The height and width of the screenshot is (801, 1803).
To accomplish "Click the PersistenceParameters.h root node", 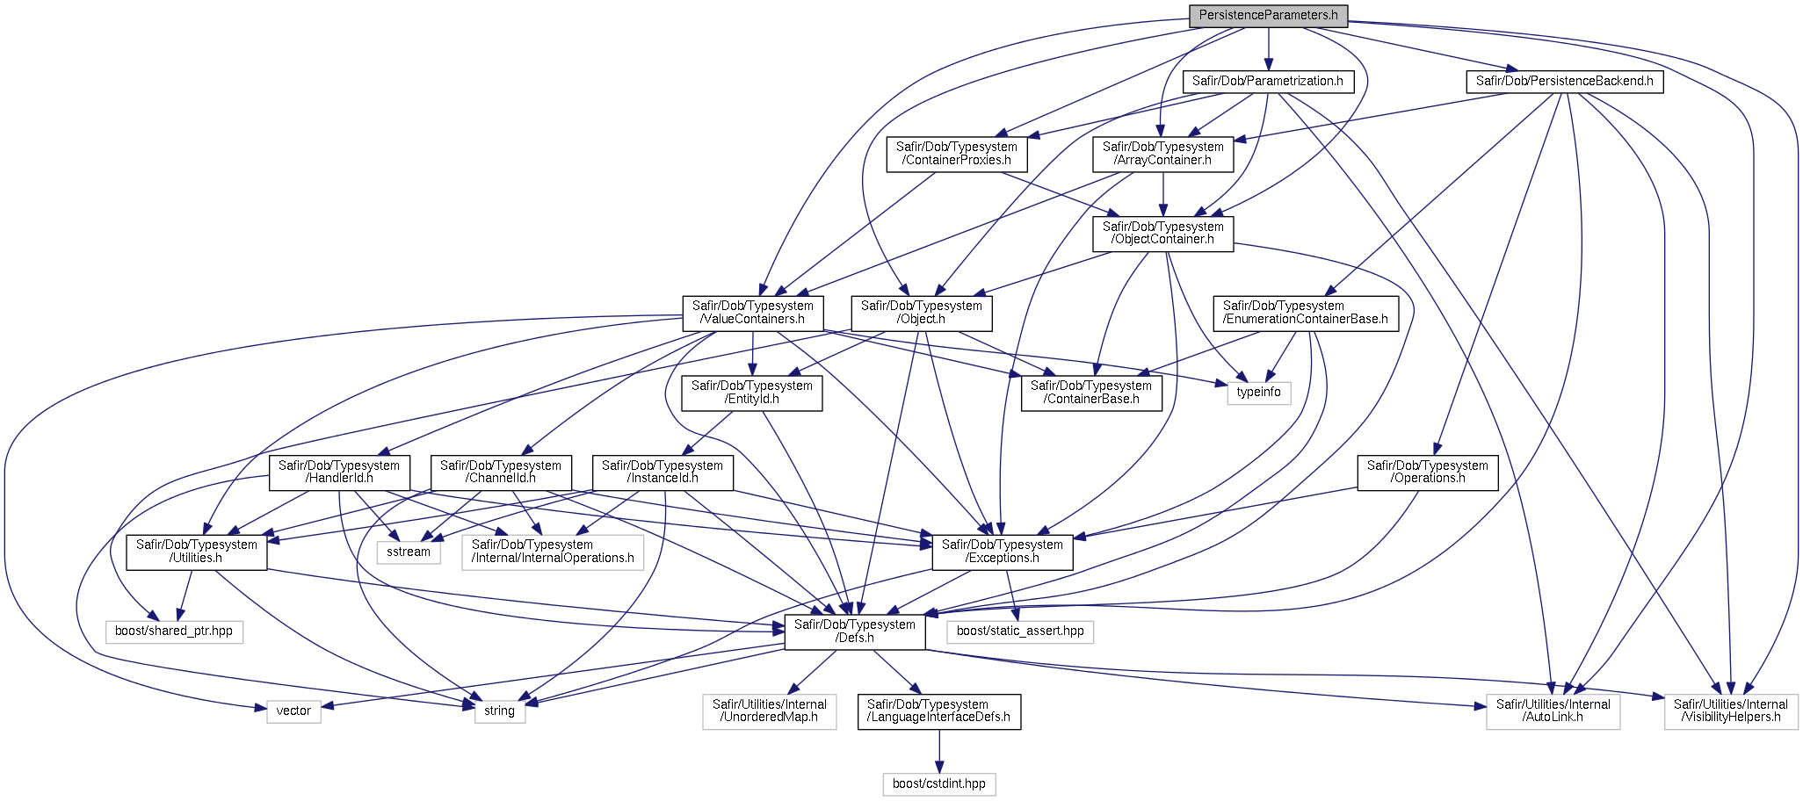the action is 1268,15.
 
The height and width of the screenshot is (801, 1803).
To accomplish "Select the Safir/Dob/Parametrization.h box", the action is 1268,82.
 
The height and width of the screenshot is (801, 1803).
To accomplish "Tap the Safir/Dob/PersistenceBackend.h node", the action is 1564,82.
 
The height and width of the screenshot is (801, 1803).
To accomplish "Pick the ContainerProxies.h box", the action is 957,154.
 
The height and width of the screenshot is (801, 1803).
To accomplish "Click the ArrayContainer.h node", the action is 1163,154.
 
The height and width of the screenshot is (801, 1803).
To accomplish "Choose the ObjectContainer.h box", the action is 1163,234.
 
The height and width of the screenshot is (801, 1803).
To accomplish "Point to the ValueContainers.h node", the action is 753,313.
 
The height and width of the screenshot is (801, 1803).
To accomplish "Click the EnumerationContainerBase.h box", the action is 1306,313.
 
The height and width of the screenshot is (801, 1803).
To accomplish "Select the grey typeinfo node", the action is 1259,393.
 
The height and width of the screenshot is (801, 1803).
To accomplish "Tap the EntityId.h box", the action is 752,393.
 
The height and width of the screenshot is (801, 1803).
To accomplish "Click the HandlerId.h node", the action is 339,473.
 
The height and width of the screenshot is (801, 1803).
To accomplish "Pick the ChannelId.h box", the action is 501,473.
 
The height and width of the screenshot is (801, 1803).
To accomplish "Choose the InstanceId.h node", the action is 663,473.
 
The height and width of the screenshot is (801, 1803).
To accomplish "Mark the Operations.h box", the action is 1428,473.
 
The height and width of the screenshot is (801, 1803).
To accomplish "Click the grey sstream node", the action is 409,552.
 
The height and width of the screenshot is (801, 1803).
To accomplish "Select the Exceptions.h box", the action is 1003,552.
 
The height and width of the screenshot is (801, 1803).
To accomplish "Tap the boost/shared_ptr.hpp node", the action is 174,631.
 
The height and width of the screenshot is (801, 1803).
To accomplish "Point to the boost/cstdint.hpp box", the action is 939,784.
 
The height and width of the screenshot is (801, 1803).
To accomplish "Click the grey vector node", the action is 293,711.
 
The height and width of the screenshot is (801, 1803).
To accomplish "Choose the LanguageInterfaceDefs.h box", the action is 939,711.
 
